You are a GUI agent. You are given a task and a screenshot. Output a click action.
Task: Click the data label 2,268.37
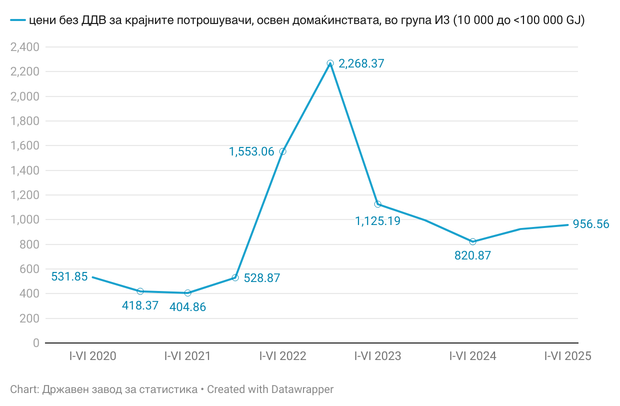[x=361, y=63]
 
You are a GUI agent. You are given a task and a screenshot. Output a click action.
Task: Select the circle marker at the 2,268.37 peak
[x=330, y=63]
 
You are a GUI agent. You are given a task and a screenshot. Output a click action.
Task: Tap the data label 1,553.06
[x=251, y=151]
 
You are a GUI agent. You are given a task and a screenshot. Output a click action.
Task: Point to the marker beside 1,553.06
[x=283, y=151]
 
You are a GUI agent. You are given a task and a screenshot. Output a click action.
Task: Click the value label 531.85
[x=69, y=276]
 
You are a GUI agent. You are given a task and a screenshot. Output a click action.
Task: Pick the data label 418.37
[x=140, y=305]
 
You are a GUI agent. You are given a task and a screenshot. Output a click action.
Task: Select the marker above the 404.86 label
[x=187, y=293]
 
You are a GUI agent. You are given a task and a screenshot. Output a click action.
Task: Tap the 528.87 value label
[x=262, y=278]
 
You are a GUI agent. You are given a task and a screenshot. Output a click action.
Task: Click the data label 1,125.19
[x=378, y=220]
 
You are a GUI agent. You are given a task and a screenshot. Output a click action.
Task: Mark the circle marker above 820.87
[x=473, y=241]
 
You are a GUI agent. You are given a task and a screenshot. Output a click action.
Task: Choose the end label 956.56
[x=591, y=224]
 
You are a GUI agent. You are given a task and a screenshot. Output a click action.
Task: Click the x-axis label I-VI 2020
[x=92, y=356]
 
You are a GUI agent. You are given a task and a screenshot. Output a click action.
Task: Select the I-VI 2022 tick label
[x=282, y=356]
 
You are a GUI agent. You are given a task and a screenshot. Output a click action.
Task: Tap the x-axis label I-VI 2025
[x=567, y=356]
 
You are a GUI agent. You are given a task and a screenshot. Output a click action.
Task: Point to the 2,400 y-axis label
[x=24, y=47]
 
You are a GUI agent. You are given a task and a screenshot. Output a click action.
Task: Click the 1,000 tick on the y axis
[x=24, y=220]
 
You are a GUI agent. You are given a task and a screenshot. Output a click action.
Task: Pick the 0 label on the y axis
[x=36, y=343]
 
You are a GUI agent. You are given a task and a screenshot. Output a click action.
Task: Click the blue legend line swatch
[x=17, y=20]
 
